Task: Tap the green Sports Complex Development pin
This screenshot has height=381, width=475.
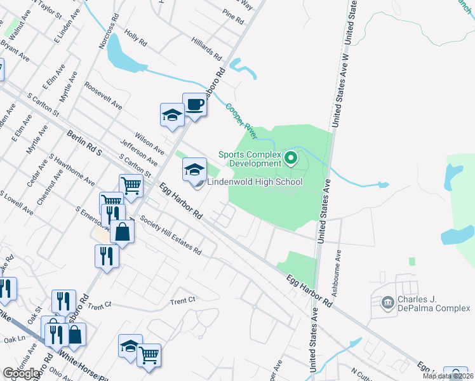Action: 291,157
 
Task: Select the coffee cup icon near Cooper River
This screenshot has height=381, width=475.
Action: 194,104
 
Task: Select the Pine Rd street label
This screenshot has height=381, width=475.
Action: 233,17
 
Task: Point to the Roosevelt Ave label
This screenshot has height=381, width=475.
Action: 103,95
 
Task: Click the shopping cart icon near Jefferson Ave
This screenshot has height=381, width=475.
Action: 130,185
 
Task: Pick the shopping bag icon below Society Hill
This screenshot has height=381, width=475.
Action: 122,232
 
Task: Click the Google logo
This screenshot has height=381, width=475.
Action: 22,373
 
